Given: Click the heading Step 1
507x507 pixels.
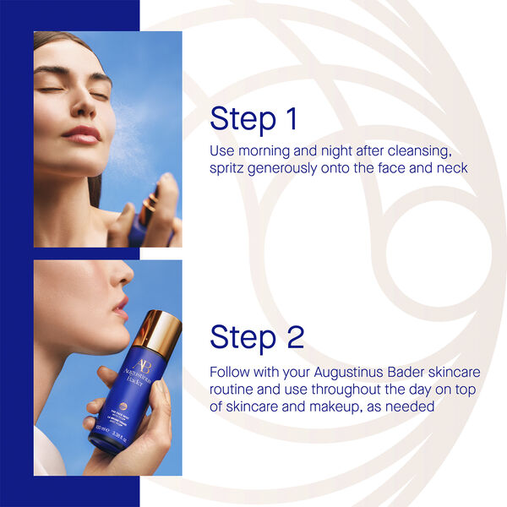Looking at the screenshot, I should [x=253, y=118].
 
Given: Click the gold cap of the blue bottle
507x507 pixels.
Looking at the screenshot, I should [x=157, y=330].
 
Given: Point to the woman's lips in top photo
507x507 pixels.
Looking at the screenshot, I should [x=83, y=134].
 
